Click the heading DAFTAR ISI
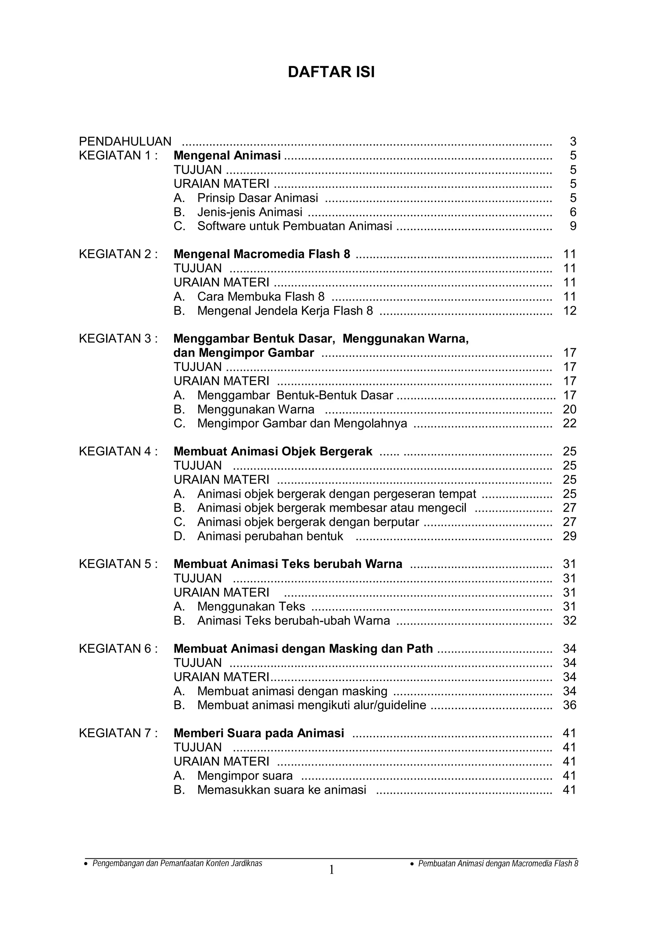(x=331, y=72)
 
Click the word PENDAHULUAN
(x=125, y=141)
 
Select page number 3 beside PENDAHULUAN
(x=573, y=141)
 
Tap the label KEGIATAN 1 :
(x=118, y=156)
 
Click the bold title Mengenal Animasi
(x=227, y=156)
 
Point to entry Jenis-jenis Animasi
(x=250, y=212)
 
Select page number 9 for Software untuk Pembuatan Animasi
(x=573, y=226)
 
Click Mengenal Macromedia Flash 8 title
(x=262, y=254)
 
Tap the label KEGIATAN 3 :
(x=118, y=339)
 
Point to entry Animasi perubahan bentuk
(x=270, y=536)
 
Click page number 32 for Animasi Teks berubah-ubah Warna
(x=569, y=620)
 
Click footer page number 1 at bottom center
(x=331, y=870)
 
